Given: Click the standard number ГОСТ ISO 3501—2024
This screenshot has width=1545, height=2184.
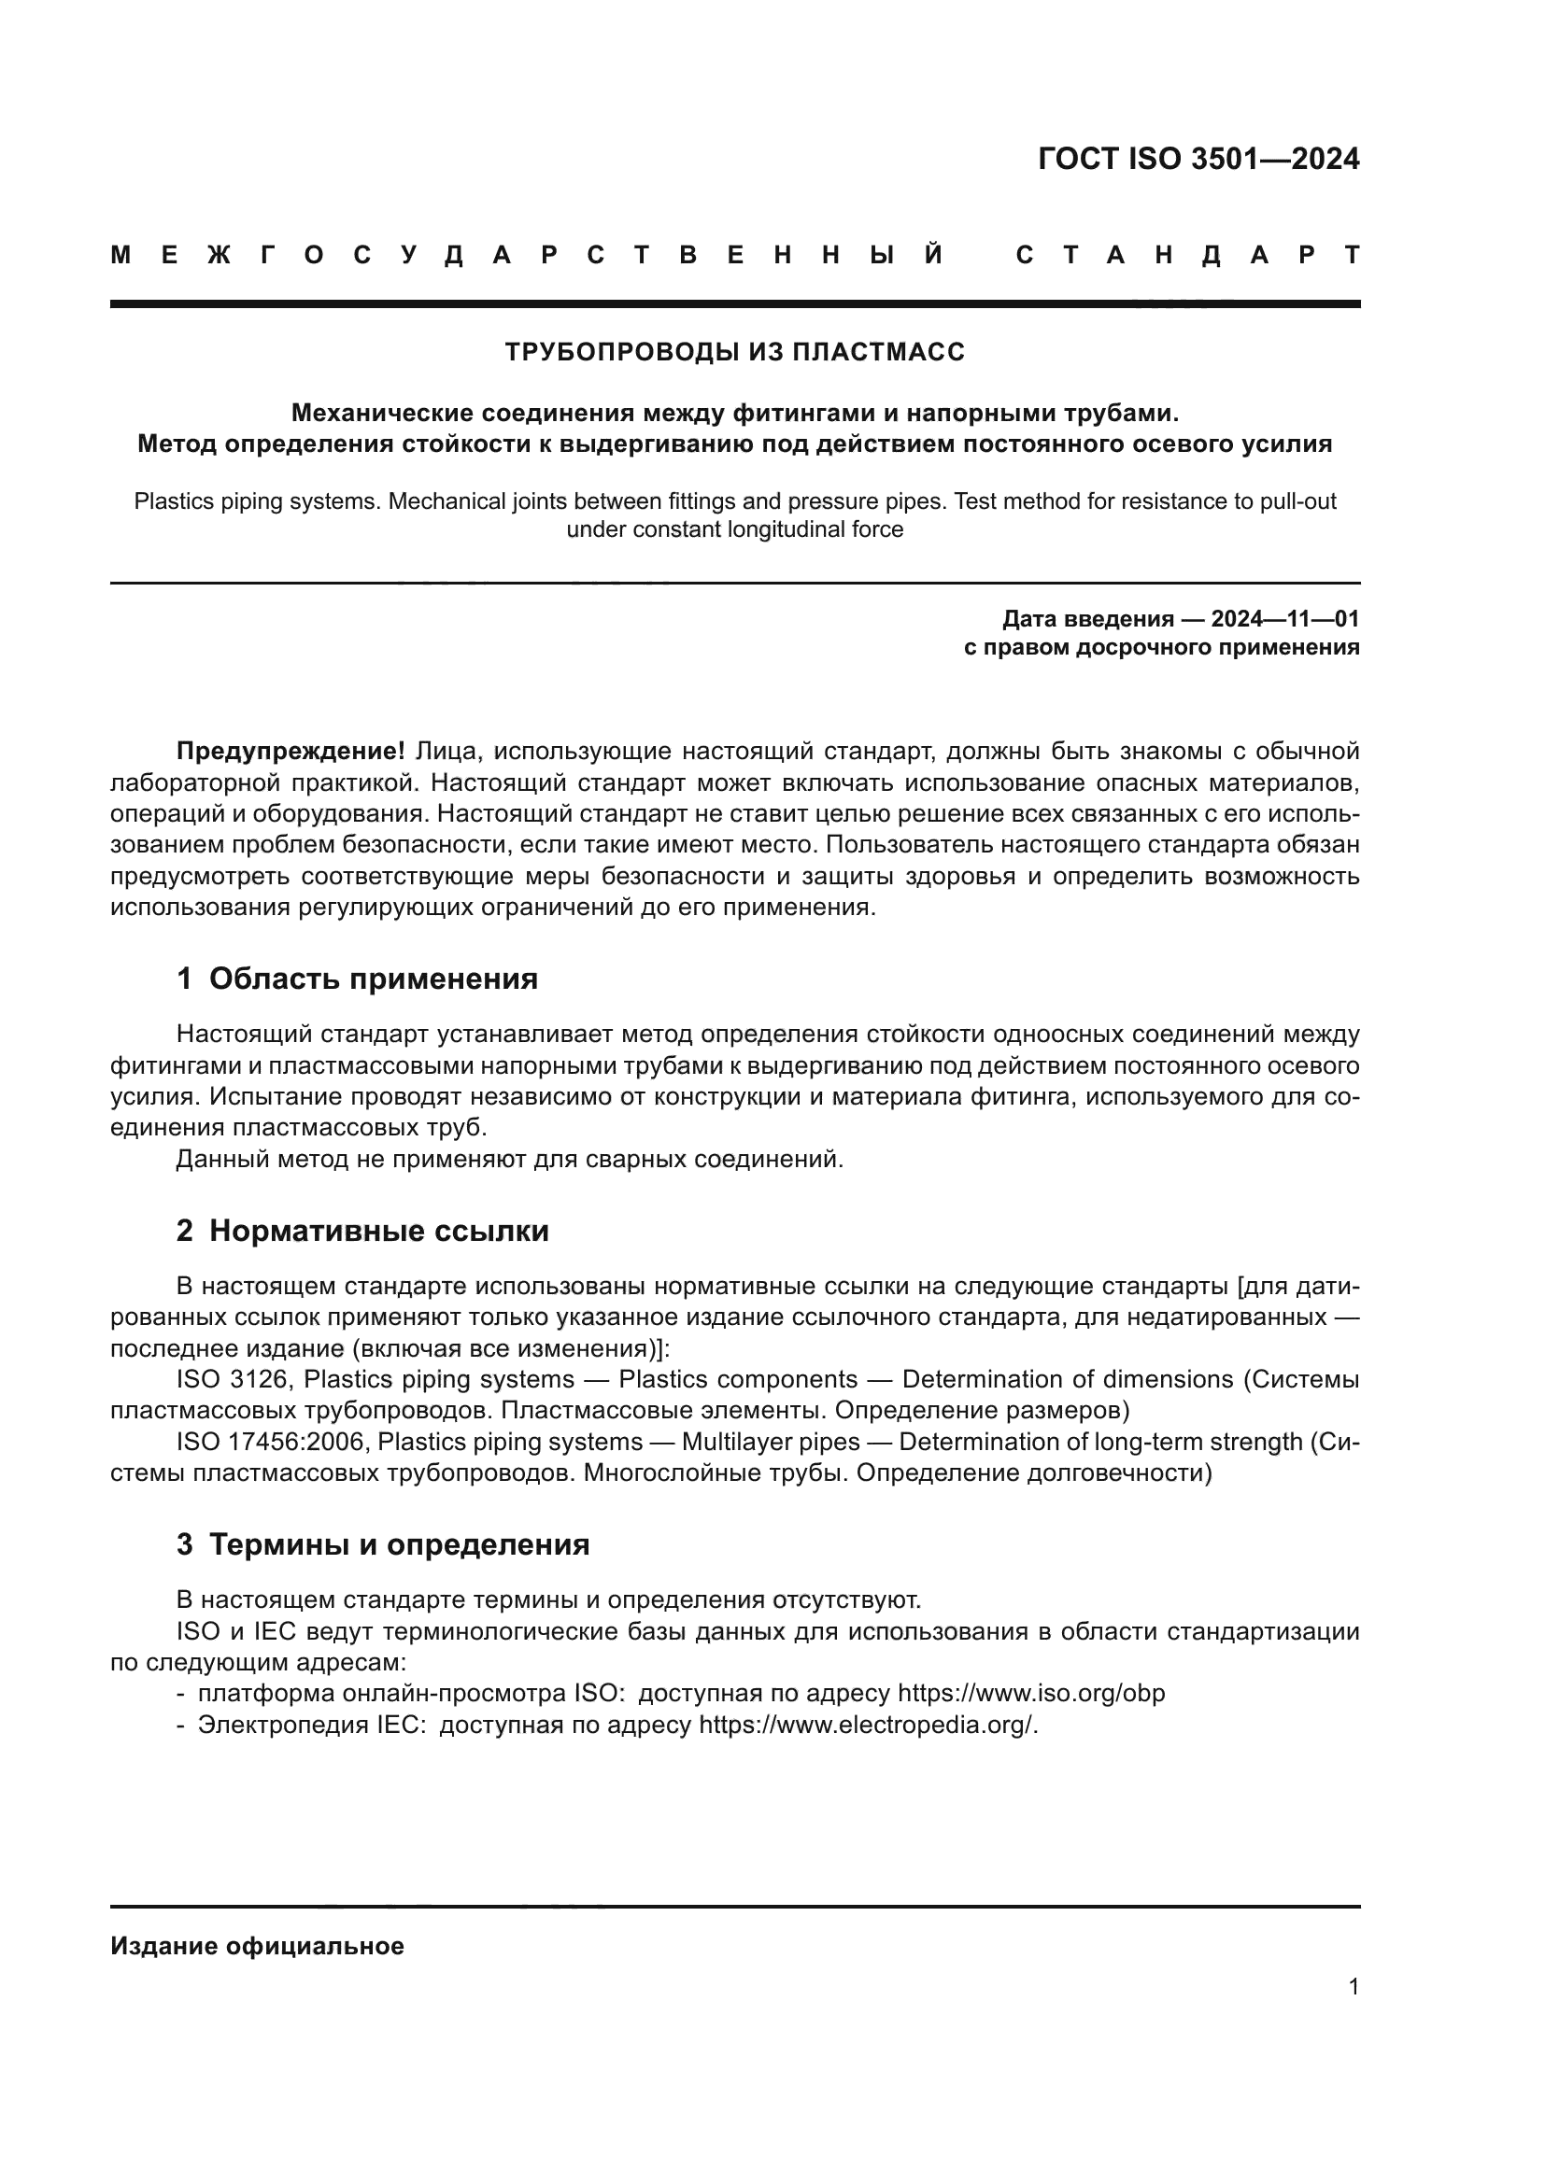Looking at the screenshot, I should [1198, 159].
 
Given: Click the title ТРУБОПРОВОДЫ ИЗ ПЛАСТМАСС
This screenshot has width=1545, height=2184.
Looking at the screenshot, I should [734, 352].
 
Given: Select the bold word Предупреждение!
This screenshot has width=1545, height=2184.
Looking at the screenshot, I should [291, 752].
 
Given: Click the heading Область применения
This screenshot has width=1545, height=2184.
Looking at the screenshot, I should [373, 979].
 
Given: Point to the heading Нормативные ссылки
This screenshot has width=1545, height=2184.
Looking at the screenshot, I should [378, 1231].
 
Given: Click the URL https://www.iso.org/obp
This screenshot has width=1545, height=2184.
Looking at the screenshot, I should [1030, 1693].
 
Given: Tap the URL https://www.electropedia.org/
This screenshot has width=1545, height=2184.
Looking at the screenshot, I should [868, 1725].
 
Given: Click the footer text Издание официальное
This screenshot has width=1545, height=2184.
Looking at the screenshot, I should [257, 1946].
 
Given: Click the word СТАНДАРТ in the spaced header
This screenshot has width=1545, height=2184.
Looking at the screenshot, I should [1187, 255].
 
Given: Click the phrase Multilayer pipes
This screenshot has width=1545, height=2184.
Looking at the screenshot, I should [771, 1442].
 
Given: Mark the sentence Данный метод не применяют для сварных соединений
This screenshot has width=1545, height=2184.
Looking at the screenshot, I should [510, 1160].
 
